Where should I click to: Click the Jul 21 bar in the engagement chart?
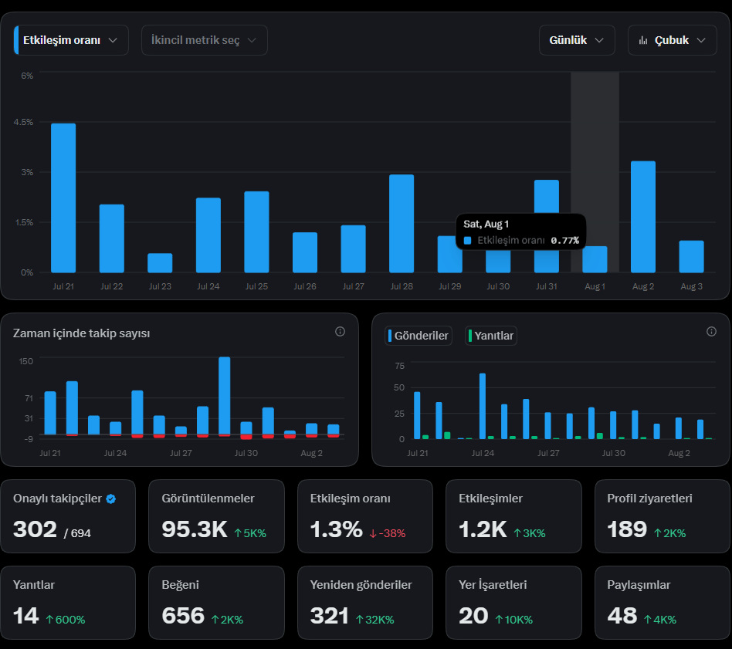pyautogui.click(x=63, y=198)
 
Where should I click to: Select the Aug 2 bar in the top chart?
pyautogui.click(x=643, y=217)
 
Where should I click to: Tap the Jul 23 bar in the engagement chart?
pyautogui.click(x=160, y=262)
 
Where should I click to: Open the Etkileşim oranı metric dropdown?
pyautogui.click(x=71, y=40)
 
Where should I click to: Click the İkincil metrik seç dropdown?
pyautogui.click(x=204, y=40)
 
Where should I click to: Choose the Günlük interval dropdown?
pyautogui.click(x=577, y=40)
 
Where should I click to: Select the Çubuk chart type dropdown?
pyautogui.click(x=672, y=40)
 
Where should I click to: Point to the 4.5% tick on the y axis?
pyautogui.click(x=23, y=122)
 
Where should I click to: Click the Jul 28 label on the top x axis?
pyautogui.click(x=402, y=286)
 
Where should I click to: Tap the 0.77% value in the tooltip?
pyautogui.click(x=565, y=240)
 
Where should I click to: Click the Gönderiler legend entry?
pyautogui.click(x=419, y=336)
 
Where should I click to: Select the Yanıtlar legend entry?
pyautogui.click(x=490, y=336)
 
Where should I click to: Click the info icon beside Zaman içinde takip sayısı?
pyautogui.click(x=340, y=331)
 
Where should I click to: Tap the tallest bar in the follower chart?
pyautogui.click(x=224, y=396)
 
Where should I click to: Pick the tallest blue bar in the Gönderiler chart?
pyautogui.click(x=483, y=406)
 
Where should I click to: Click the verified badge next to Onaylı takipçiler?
pyautogui.click(x=110, y=499)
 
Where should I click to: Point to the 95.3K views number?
pyautogui.click(x=195, y=529)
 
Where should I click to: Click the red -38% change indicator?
pyautogui.click(x=388, y=533)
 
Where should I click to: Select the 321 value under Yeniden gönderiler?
pyautogui.click(x=329, y=616)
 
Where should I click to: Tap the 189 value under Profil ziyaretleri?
pyautogui.click(x=627, y=529)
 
